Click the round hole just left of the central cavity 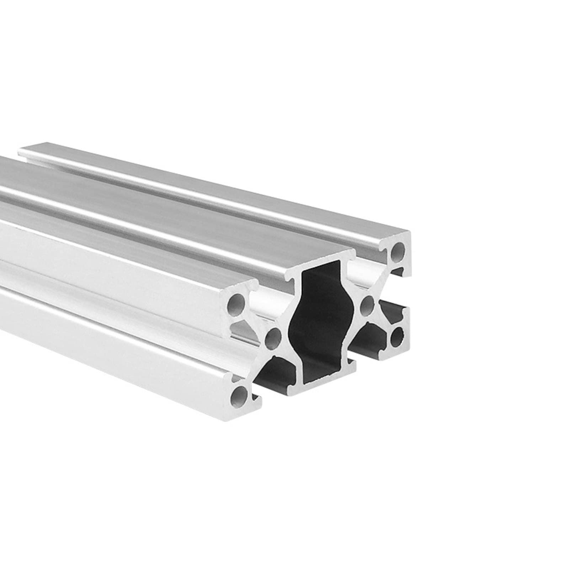pos(273,338)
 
